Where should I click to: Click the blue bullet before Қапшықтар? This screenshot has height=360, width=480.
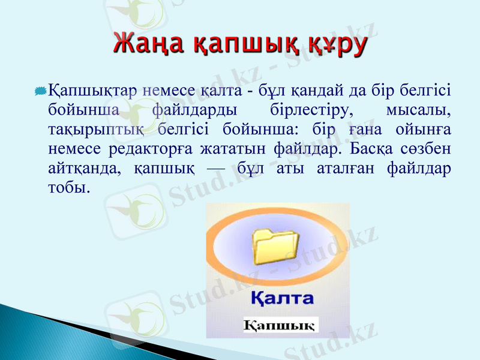(41, 91)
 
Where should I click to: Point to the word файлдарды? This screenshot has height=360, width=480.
(193, 110)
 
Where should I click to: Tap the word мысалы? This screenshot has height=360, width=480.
(419, 110)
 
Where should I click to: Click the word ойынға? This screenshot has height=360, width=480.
(424, 129)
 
